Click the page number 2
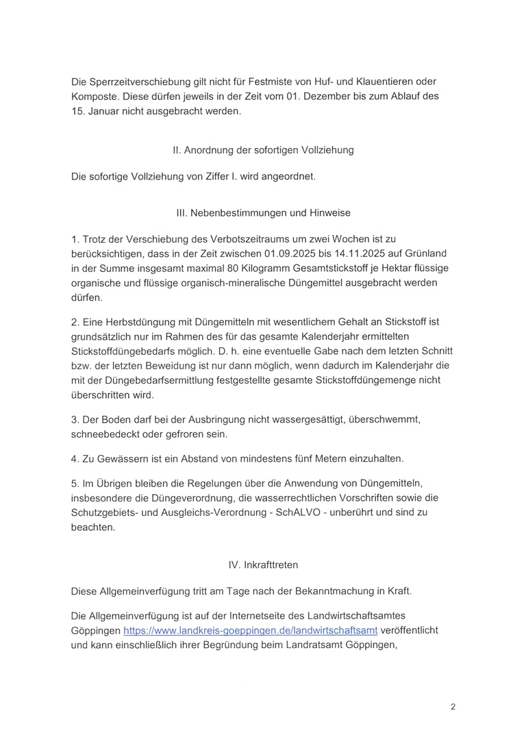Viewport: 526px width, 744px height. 453,707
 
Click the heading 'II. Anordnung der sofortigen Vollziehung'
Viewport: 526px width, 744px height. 263,150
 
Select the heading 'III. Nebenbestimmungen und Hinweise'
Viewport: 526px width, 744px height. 263,213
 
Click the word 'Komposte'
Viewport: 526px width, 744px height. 95,97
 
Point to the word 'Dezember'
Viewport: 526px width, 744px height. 321,97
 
